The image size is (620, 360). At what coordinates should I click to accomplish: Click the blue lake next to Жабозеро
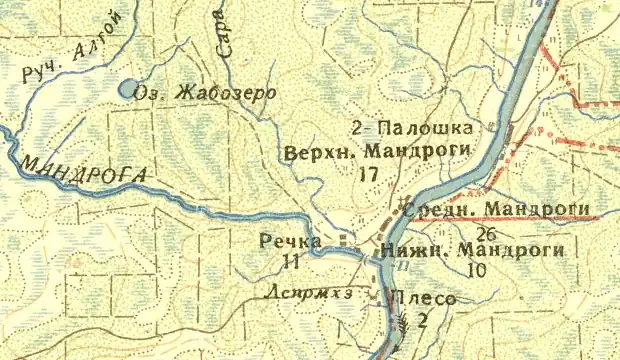point(129,89)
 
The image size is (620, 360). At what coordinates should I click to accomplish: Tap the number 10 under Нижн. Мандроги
point(475,270)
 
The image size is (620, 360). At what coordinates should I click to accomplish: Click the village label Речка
point(289,242)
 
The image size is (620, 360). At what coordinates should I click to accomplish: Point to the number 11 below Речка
point(292,262)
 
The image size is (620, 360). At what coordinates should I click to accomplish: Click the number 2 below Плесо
point(422,321)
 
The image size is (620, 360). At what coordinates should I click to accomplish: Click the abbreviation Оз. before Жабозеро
point(158,92)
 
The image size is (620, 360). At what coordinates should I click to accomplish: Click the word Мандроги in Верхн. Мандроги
point(406,155)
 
